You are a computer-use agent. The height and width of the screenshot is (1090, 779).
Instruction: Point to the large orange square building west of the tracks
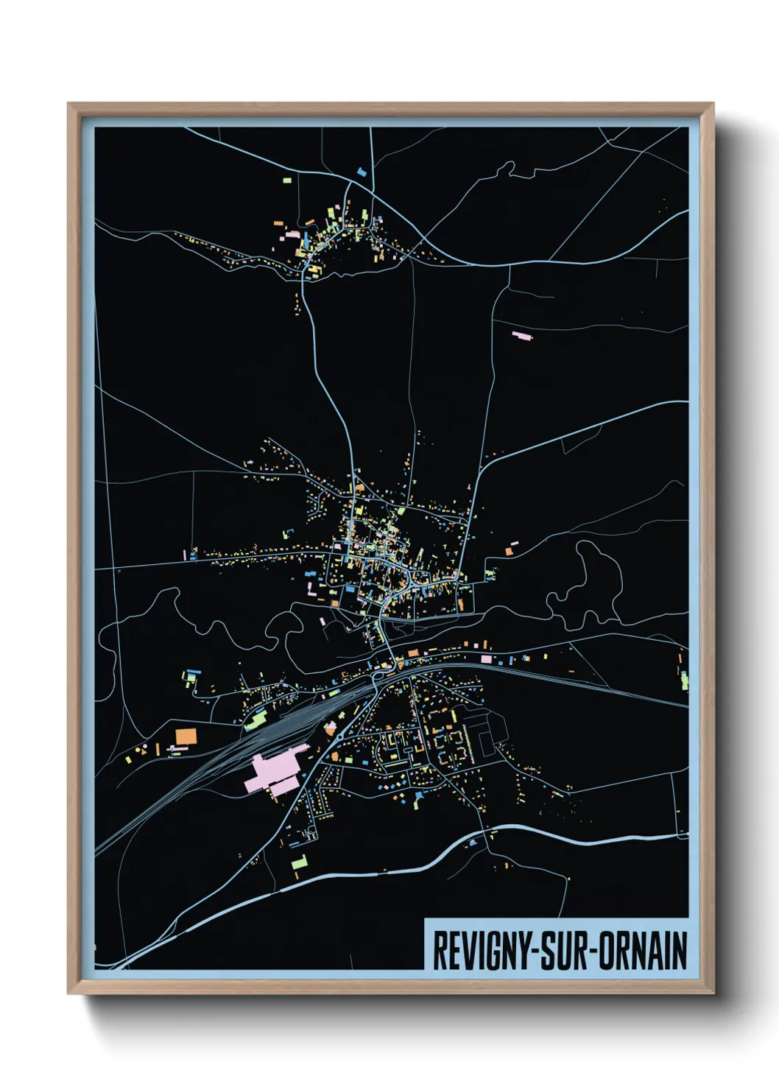[x=186, y=736]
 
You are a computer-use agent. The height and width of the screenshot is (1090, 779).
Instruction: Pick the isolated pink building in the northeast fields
[x=521, y=336]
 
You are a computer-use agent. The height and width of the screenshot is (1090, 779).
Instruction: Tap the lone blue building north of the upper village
[x=362, y=172]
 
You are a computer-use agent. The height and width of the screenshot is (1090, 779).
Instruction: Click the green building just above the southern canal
[x=298, y=861]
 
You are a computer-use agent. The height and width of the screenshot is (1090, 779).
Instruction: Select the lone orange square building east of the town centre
[x=508, y=551]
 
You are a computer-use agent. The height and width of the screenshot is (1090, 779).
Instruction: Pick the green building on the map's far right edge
[x=684, y=681]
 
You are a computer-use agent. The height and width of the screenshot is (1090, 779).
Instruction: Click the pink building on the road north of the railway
[x=485, y=658]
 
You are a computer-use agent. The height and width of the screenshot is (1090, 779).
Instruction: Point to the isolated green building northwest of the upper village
[x=286, y=179]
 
